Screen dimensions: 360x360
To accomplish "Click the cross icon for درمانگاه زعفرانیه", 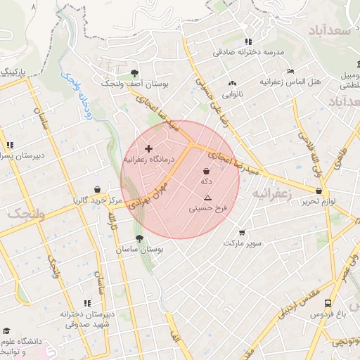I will (148, 148).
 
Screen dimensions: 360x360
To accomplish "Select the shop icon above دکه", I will (206, 171).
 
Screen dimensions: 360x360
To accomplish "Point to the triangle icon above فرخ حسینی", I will (207, 199).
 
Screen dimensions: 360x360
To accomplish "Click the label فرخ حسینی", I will (207, 209).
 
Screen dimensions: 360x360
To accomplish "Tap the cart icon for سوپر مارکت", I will (242, 233).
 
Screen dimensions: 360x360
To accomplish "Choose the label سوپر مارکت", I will (243, 243).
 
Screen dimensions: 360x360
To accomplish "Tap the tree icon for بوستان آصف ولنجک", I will (134, 73).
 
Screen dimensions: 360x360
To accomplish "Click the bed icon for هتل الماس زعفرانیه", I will (290, 71).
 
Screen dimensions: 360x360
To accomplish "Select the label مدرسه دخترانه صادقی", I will (250, 53).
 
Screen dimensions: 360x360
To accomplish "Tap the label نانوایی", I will (233, 93).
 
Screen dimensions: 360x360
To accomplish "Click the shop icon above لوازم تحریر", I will (319, 191).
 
